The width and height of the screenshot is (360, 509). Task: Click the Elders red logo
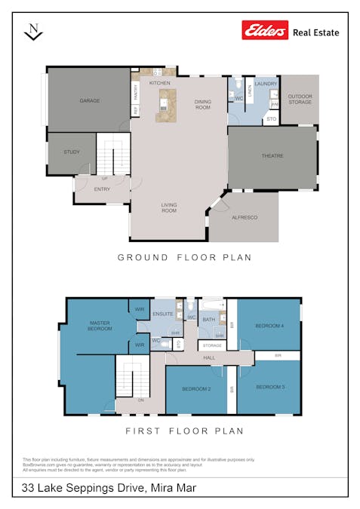pyautogui.click(x=265, y=30)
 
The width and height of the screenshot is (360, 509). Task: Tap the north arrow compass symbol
pyautogui.click(x=32, y=31)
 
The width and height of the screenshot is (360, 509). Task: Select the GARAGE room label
pyautogui.click(x=91, y=100)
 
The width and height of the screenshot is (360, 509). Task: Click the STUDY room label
pyautogui.click(x=72, y=152)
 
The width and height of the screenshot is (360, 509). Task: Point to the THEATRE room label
pyautogui.click(x=272, y=156)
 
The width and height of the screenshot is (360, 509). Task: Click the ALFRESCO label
pyautogui.click(x=244, y=217)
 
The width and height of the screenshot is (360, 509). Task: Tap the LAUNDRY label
pyautogui.click(x=266, y=84)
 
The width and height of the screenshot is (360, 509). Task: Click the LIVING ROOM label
pyautogui.click(x=168, y=207)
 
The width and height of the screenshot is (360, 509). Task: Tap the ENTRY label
pyautogui.click(x=102, y=189)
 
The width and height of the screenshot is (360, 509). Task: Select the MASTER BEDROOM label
pyautogui.click(x=100, y=326)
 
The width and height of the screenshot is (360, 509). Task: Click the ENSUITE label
pyautogui.click(x=163, y=314)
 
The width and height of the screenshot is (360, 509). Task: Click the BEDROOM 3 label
pyautogui.click(x=269, y=387)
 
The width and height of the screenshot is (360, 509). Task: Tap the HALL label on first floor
pyautogui.click(x=209, y=357)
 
